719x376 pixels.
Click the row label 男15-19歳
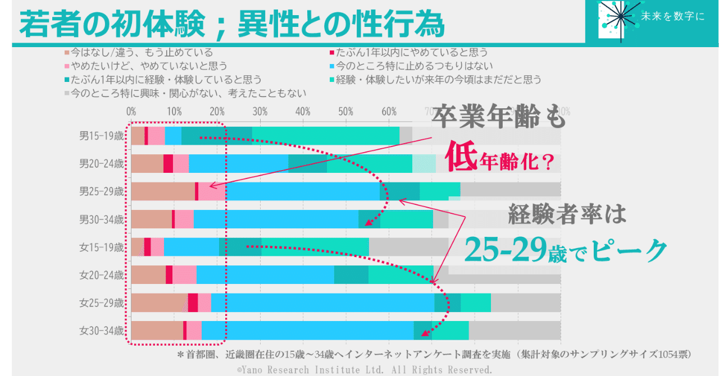pos(101,135)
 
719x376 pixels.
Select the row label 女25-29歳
pos(101,303)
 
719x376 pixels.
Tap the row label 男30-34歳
pos(101,219)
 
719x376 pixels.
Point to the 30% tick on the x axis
pos(260,111)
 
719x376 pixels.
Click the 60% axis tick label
pos(389,111)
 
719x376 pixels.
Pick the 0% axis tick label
pos(131,111)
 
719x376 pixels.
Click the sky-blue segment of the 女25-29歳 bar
pos(322,302)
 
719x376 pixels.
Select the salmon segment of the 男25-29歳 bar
pos(162,191)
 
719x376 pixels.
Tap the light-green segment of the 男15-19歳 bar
pos(325,136)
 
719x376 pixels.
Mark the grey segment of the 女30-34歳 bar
pos(514,331)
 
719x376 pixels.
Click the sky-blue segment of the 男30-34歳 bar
pos(276,219)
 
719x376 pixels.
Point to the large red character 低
pos(461,157)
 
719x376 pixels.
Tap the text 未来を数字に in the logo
pos(672,17)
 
